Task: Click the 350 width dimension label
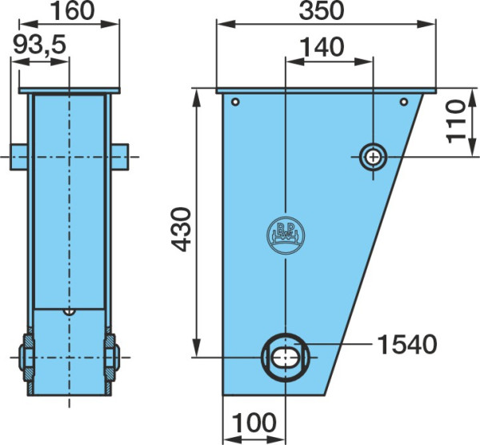322,10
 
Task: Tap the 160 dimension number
72,10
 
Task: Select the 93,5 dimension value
40,45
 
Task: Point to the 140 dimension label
322,47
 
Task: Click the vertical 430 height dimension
181,230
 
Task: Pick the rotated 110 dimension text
456,122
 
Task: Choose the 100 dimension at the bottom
254,423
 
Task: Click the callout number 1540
406,344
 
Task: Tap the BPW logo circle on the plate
286,235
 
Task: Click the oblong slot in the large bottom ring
286,357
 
